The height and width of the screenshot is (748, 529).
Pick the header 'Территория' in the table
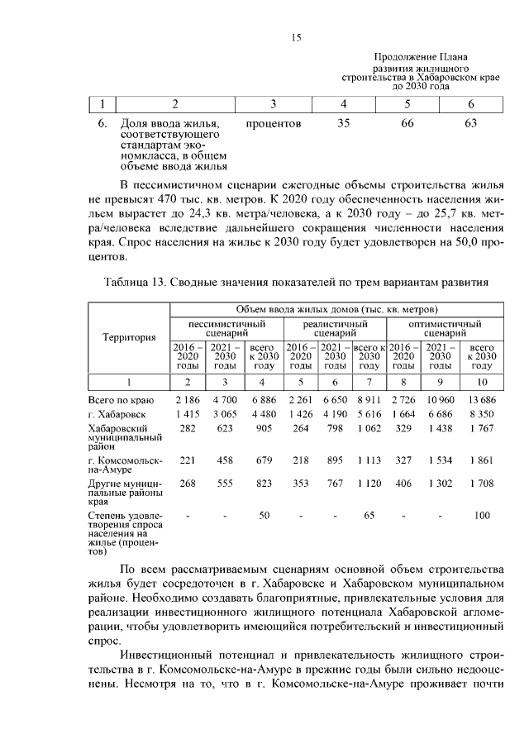(x=129, y=337)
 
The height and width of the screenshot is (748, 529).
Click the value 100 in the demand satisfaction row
(x=482, y=516)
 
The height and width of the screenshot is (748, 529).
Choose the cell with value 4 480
(x=263, y=413)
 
